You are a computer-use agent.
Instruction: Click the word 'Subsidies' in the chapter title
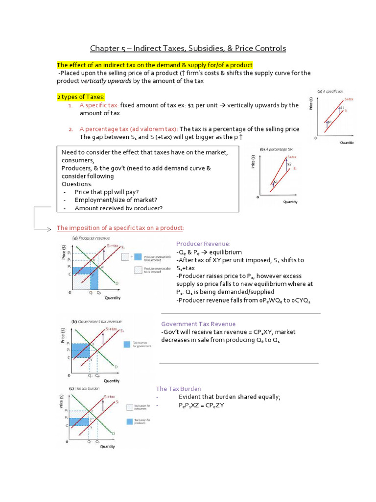click(x=226, y=49)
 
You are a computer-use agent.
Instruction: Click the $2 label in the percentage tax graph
click(x=289, y=164)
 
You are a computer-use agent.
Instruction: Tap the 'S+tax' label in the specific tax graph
click(x=348, y=99)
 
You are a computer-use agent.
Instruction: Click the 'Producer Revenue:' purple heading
click(x=203, y=244)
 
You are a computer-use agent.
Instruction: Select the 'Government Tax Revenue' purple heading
click(x=198, y=324)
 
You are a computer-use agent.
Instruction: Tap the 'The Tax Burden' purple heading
click(x=178, y=389)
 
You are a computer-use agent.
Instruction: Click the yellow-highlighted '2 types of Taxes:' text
click(x=80, y=97)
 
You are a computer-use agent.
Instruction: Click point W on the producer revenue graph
click(x=101, y=267)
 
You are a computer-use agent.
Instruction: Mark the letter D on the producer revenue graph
click(x=116, y=283)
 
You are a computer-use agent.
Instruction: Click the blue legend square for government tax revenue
click(x=127, y=344)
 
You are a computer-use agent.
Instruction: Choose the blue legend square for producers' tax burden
click(x=130, y=421)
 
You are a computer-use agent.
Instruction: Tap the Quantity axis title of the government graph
click(x=112, y=381)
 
